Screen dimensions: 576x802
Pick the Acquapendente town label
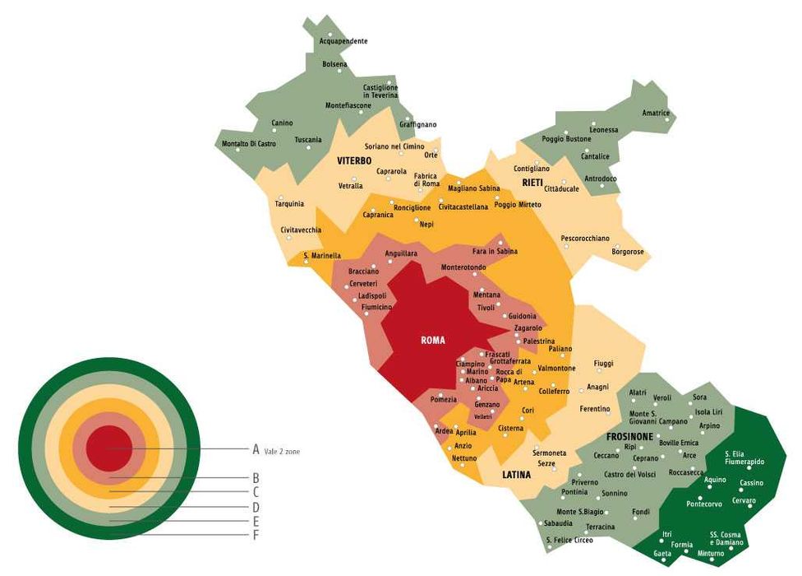click(343, 41)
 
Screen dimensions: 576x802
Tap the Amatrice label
click(656, 113)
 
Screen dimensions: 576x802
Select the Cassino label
click(751, 483)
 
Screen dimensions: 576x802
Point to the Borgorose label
click(628, 252)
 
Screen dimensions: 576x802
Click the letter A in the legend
click(256, 449)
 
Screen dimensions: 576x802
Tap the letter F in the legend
click(256, 536)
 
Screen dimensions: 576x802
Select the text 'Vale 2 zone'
click(282, 451)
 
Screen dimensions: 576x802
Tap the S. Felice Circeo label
click(569, 540)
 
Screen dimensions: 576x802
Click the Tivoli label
click(486, 308)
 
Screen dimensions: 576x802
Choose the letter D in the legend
click(256, 507)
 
